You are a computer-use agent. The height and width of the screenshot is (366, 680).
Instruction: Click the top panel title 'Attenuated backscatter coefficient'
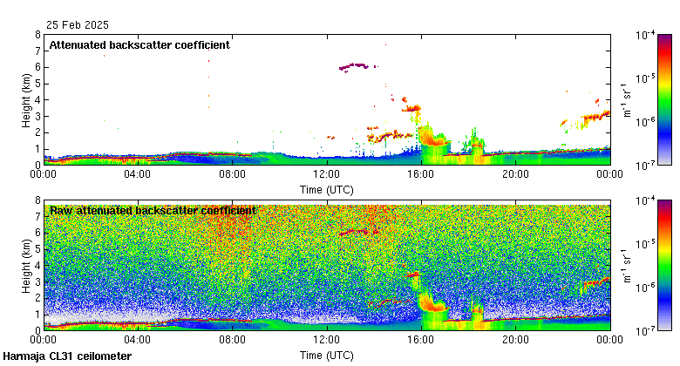tap(139, 45)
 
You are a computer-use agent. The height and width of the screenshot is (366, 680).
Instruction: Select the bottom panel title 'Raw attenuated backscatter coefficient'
tap(153, 210)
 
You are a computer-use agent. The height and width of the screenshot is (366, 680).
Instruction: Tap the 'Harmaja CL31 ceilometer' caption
tap(67, 356)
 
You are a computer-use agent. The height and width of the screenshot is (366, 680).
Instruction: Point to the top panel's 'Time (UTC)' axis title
tap(327, 189)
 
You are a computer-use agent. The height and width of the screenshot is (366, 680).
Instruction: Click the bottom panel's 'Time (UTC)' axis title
tap(327, 356)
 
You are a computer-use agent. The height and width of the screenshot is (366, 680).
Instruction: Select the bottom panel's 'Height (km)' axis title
tap(27, 266)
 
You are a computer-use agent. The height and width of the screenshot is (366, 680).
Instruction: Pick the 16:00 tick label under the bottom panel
tap(421, 341)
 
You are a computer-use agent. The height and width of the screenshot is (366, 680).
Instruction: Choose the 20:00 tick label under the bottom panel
tap(515, 341)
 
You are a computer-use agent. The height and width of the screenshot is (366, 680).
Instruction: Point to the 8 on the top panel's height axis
tap(37, 35)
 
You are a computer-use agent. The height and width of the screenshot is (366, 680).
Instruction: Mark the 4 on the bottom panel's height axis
tap(37, 266)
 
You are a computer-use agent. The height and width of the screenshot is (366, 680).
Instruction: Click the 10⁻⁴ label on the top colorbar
tap(647, 35)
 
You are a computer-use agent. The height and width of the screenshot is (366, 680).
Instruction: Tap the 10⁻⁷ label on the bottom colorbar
tap(647, 330)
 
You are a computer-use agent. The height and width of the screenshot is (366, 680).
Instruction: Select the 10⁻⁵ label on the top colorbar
tap(647, 78)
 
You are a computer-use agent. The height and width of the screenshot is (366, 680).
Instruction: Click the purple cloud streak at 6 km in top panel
tap(354, 65)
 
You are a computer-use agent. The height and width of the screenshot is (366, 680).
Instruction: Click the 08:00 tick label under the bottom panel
tap(233, 341)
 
